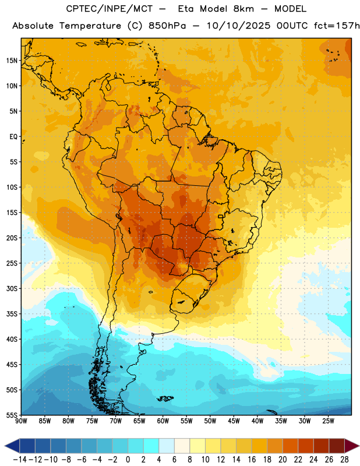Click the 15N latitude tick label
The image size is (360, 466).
[x=12, y=61]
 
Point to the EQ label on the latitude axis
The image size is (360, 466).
[x=13, y=137]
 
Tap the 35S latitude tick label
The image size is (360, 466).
[x=12, y=314]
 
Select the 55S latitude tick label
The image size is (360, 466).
[x=12, y=415]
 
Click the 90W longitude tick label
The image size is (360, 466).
[x=21, y=421]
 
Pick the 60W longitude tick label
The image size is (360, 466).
[x=163, y=421]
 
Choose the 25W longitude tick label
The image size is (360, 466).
[x=328, y=421]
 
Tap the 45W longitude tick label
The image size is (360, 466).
[x=234, y=421]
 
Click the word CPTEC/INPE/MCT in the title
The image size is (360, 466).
[x=110, y=9]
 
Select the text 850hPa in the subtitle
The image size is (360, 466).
[x=167, y=26]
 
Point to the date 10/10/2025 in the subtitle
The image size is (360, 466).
[x=238, y=26]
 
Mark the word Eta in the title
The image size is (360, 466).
[x=186, y=9]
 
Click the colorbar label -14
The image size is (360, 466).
[x=20, y=460]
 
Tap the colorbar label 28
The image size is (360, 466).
[x=344, y=460]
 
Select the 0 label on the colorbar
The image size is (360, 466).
[x=128, y=460]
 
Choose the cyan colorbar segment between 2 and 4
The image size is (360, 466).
[x=151, y=446]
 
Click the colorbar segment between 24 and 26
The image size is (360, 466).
[x=321, y=446]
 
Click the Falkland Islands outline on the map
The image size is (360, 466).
[x=165, y=398]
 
